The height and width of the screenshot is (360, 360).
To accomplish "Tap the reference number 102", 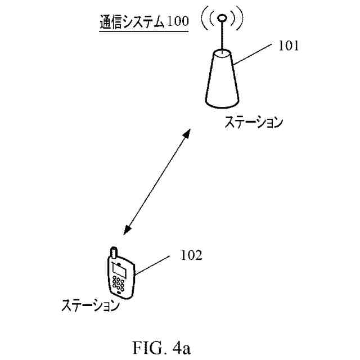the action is [x=191, y=254].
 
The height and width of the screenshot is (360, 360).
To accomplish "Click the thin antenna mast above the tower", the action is [x=223, y=37].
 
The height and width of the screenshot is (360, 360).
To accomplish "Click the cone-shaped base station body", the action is [x=223, y=79].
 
